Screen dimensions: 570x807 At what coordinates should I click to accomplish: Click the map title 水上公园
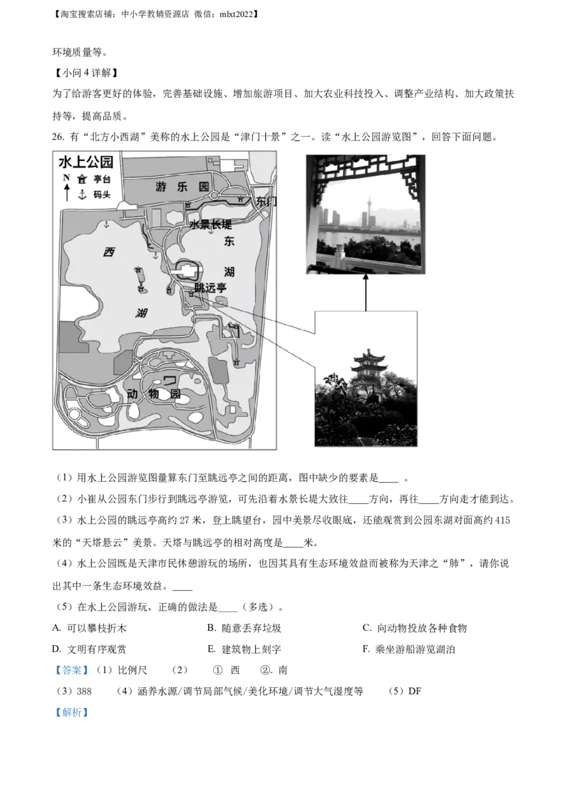point(86,162)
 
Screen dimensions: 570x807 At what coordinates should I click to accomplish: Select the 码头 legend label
point(102,195)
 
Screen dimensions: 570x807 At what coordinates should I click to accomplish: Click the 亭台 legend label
point(102,179)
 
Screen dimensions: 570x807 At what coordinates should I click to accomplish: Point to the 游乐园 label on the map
point(182,186)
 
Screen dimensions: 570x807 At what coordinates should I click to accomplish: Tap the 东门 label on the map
point(266,201)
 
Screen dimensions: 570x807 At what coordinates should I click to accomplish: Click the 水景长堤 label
point(210,225)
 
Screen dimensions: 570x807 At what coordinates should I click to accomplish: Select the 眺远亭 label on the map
point(210,287)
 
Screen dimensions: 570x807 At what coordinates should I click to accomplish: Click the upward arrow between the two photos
point(366,292)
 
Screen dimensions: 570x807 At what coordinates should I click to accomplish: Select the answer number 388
point(84,692)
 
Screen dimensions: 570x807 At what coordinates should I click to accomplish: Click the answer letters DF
point(415,692)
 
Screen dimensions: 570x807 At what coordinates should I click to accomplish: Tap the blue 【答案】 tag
point(72,670)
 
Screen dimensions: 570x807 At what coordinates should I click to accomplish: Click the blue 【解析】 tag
point(72,712)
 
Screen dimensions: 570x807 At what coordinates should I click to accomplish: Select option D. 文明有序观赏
point(89,649)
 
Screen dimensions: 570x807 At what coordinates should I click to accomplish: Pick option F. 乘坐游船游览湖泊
point(408,649)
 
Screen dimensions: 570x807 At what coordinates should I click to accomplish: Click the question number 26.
point(58,137)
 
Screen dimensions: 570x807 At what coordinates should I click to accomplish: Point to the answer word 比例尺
point(133,670)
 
